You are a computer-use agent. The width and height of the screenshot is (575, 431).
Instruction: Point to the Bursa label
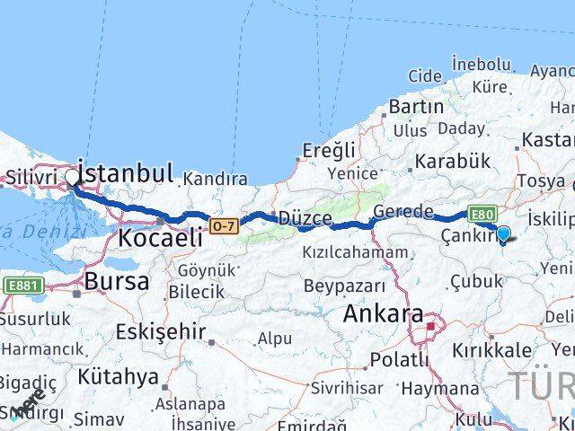116,281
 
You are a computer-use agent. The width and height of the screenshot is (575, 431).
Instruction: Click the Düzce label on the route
305,218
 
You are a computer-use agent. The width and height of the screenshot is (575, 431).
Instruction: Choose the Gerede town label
403,212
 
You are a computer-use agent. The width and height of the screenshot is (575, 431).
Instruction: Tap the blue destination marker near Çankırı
503,234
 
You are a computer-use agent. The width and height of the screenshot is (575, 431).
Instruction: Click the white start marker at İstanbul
72,177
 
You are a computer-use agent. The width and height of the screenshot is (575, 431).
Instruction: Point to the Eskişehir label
160,331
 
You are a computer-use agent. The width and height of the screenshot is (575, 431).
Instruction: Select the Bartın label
416,106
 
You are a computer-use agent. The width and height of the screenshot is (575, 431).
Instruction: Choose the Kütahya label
119,375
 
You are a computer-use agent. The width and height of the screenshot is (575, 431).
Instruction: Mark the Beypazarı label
344,286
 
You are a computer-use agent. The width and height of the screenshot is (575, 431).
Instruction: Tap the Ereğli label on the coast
329,149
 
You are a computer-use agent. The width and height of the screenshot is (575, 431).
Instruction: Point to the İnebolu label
482,64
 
